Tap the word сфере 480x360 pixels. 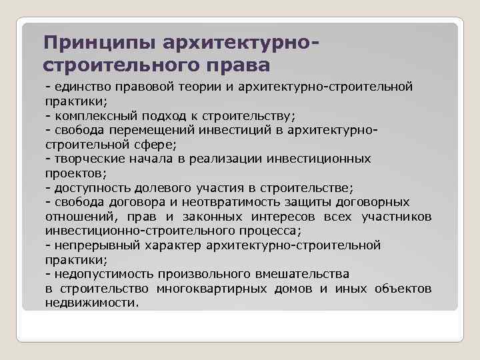click(161, 144)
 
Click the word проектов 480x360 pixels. click(71, 173)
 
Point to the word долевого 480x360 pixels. click(167, 187)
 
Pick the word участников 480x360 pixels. click(396, 216)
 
